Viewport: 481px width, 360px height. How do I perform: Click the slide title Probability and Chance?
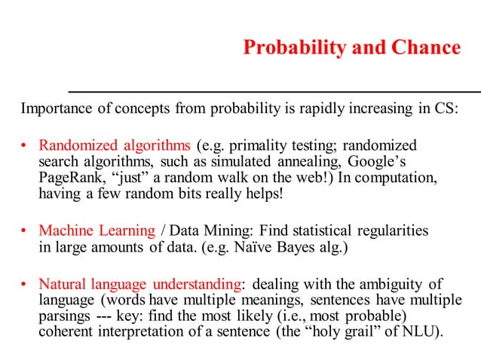(x=351, y=48)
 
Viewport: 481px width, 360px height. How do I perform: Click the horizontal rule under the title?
(x=274, y=91)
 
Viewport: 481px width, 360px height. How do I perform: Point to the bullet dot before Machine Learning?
(x=24, y=231)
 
